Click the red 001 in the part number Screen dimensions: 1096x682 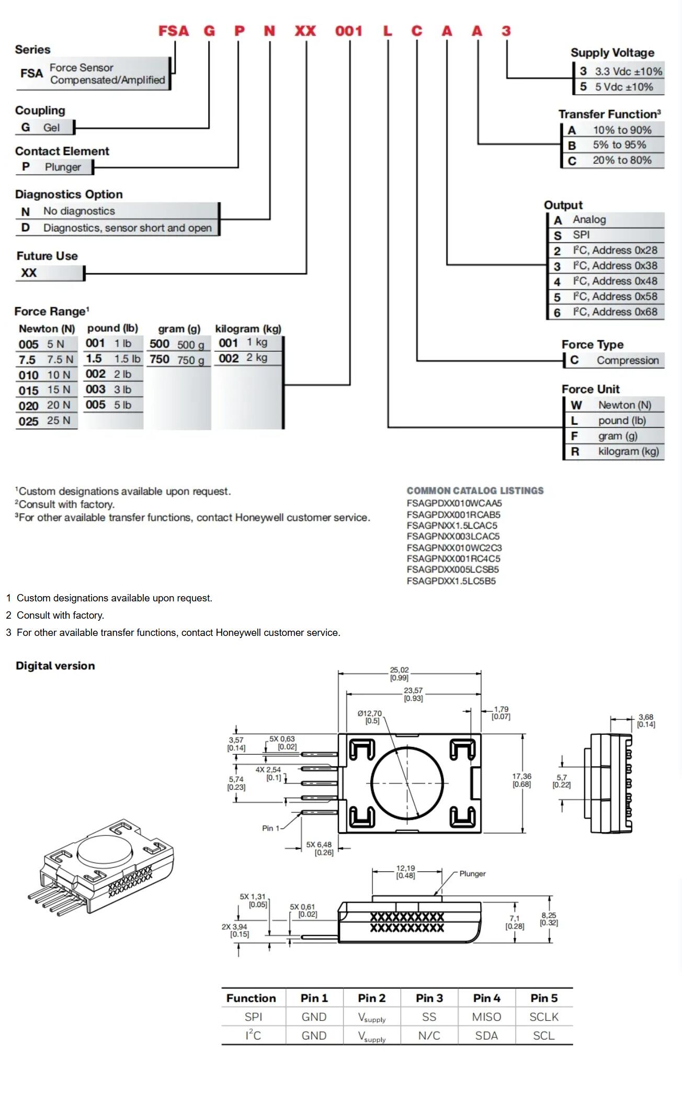click(x=349, y=31)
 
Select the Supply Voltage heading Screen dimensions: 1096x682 click(x=612, y=53)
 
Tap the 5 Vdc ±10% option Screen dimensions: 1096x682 click(x=623, y=87)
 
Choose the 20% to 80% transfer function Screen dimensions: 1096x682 click(x=621, y=160)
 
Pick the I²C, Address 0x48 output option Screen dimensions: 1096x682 click(x=614, y=281)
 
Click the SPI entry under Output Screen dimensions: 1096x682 click(x=581, y=235)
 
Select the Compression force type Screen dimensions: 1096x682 click(x=627, y=360)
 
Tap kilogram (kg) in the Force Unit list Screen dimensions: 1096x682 click(x=628, y=451)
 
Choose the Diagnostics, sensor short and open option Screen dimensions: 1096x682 click(x=127, y=228)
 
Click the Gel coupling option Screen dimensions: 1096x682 click(x=51, y=127)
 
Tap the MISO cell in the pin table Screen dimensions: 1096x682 click(x=486, y=1016)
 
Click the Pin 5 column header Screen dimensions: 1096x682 click(x=544, y=998)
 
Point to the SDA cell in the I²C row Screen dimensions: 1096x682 click(x=486, y=1035)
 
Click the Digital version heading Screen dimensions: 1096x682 click(x=55, y=666)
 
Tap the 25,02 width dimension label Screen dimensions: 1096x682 click(x=399, y=674)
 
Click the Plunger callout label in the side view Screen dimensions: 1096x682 click(x=472, y=874)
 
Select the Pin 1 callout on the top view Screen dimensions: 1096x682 click(x=270, y=828)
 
